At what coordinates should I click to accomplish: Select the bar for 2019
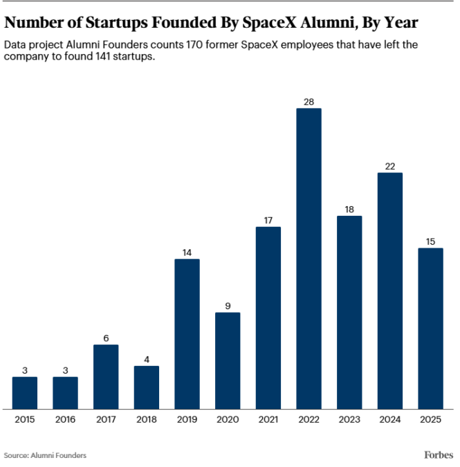187,333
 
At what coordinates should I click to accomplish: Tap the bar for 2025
430,328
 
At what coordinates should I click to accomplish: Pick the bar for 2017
106,376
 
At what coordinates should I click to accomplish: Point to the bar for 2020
228,360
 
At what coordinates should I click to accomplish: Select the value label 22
389,167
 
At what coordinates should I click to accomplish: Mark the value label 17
268,221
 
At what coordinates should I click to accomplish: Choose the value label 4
147,360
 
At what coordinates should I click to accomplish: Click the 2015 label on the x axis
25,419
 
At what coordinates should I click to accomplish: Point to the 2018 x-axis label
147,419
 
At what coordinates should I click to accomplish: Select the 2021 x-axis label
268,419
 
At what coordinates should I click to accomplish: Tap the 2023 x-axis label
349,419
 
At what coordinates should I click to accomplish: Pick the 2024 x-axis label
389,419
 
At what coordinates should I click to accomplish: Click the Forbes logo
439,455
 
